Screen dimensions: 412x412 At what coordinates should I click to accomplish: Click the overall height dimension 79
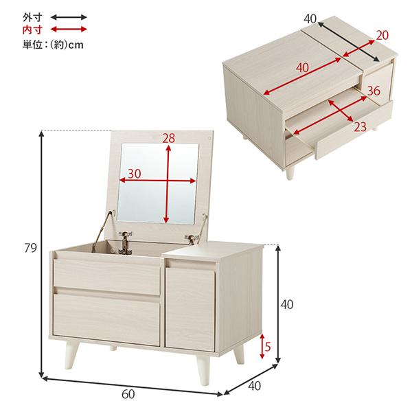pyautogui.click(x=30, y=248)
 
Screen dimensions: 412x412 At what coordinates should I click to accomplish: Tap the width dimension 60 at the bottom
pyautogui.click(x=128, y=394)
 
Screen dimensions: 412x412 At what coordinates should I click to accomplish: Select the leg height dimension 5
pyautogui.click(x=268, y=347)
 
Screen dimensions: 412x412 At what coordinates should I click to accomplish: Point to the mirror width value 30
pyautogui.click(x=135, y=174)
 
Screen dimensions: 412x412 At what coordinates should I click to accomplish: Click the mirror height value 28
pyautogui.click(x=168, y=139)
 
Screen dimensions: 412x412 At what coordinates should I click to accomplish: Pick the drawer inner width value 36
pyautogui.click(x=374, y=91)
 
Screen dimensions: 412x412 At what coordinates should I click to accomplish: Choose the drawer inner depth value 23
pyautogui.click(x=360, y=127)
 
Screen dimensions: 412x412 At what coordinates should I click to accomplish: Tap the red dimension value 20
pyautogui.click(x=382, y=35)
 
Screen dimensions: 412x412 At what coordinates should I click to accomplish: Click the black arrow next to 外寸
pyautogui.click(x=69, y=17)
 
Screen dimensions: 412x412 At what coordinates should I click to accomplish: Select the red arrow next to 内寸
pyautogui.click(x=69, y=29)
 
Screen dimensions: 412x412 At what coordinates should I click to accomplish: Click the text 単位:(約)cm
pyautogui.click(x=53, y=45)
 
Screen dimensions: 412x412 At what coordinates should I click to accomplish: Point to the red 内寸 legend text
pyautogui.click(x=32, y=30)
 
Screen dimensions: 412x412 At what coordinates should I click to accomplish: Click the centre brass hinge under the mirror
pyautogui.click(x=126, y=242)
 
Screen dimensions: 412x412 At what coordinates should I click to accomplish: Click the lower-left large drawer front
pyautogui.click(x=106, y=319)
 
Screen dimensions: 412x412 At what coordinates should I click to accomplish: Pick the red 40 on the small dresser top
pyautogui.click(x=303, y=68)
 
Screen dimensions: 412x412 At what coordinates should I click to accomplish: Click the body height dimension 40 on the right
pyautogui.click(x=287, y=305)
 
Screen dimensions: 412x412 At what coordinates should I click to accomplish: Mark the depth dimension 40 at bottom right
pyautogui.click(x=254, y=386)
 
